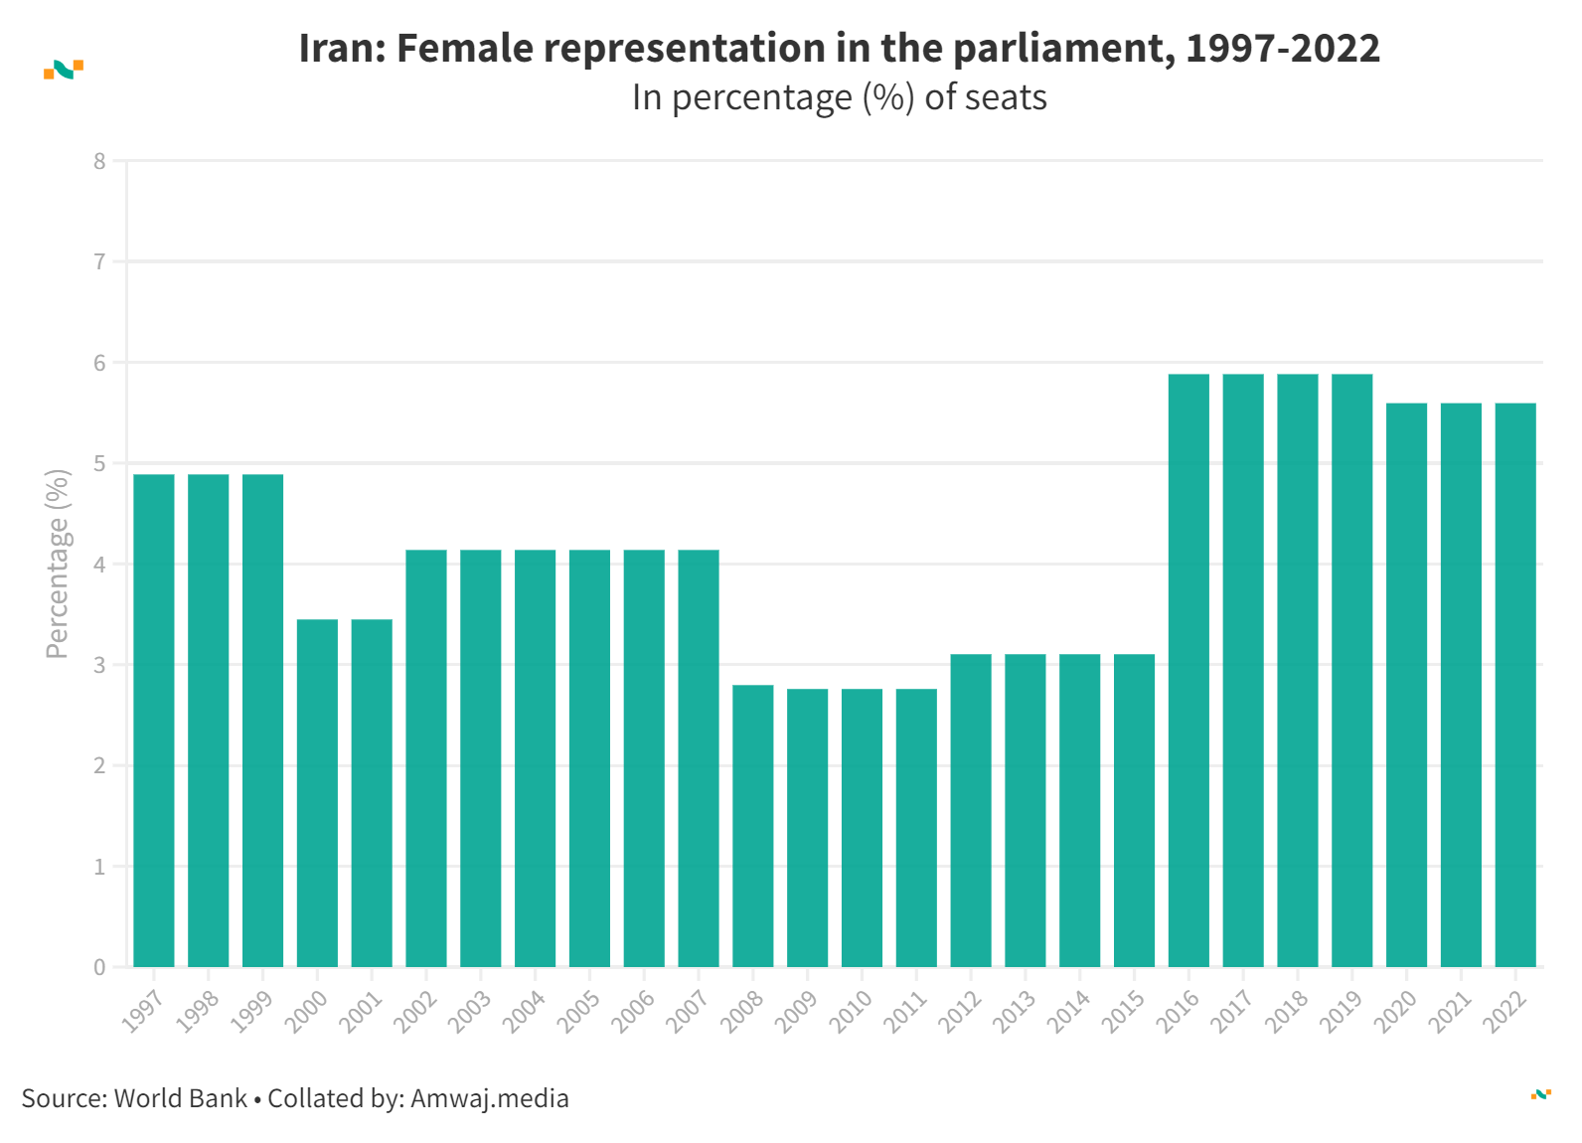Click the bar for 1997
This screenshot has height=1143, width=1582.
(154, 721)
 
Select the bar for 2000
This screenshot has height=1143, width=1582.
(317, 793)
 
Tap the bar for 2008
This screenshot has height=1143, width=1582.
(753, 826)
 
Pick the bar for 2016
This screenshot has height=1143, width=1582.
(1188, 671)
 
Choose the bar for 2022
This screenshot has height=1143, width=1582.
(1515, 685)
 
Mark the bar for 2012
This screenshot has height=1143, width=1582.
(971, 810)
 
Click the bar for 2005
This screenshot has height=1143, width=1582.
(589, 758)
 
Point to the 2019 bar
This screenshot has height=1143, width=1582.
(1351, 671)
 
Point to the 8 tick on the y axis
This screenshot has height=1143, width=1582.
(99, 161)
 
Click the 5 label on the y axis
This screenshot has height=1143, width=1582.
(99, 463)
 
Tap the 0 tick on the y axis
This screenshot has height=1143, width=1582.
(99, 967)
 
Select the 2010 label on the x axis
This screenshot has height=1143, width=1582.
(851, 1012)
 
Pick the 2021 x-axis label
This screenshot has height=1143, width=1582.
(1450, 1012)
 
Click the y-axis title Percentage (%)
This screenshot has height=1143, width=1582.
(58, 564)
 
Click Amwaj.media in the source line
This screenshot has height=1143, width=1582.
(489, 1098)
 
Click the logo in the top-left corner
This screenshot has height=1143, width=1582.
(64, 69)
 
